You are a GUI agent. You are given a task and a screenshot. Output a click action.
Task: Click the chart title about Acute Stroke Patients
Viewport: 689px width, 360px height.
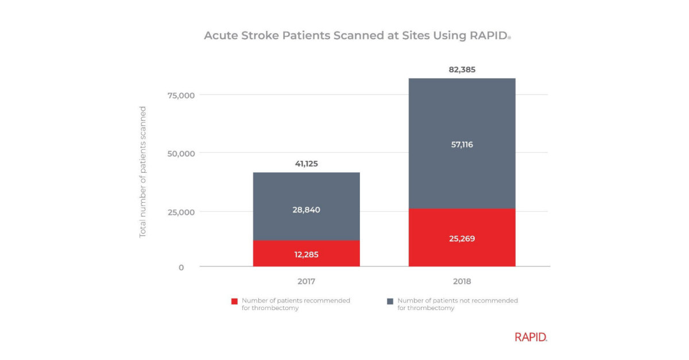coord(357,36)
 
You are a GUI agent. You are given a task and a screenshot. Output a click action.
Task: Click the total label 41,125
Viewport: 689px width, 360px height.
coord(306,164)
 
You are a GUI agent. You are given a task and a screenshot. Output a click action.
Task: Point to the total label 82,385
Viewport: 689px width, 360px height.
coord(462,69)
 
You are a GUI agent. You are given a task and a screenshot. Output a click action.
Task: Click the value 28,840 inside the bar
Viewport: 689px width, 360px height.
coord(306,210)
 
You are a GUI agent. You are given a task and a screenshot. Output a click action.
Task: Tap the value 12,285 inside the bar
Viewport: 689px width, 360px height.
coord(306,254)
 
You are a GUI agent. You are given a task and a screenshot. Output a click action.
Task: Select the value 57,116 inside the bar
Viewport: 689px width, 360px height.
coord(462,145)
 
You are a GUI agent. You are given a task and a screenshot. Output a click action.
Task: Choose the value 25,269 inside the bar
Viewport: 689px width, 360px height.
coord(462,238)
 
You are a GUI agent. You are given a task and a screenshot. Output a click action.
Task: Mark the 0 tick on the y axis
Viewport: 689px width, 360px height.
coord(181,267)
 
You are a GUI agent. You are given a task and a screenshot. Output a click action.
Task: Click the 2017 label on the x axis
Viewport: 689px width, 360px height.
coord(306,281)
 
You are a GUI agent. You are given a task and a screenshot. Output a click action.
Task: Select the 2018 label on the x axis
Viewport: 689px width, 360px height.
coord(462,281)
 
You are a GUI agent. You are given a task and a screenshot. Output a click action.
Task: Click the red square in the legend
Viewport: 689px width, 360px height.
coord(234,301)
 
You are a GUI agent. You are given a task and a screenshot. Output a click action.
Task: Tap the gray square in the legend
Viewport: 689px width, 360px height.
coord(390,301)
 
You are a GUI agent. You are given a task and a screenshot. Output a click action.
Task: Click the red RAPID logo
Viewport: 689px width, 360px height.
coord(531,337)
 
